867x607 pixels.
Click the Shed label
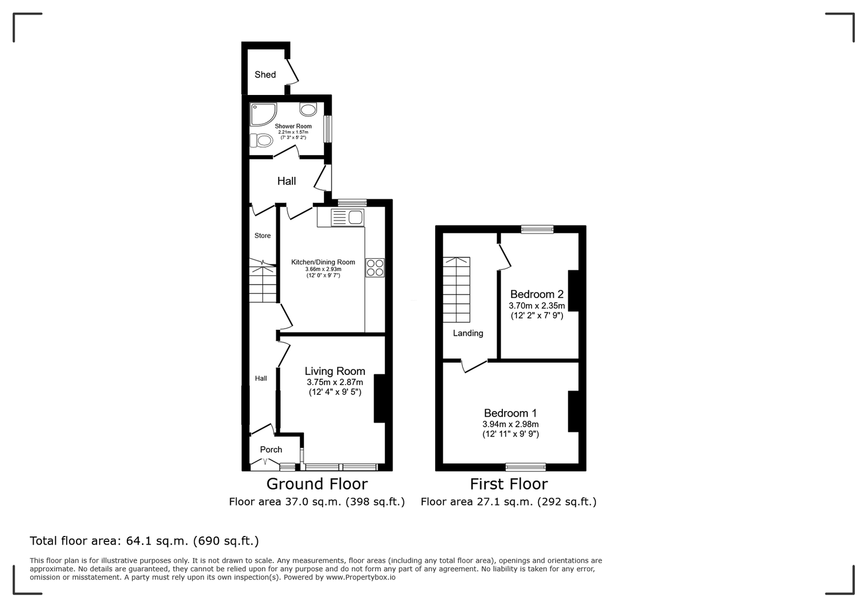click(x=265, y=74)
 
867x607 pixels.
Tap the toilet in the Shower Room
click(x=261, y=140)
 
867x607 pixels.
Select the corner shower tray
click(x=263, y=114)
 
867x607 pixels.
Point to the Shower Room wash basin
click(x=308, y=109)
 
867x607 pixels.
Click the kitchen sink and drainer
click(x=347, y=218)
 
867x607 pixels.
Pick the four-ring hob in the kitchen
click(x=375, y=267)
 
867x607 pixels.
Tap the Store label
click(x=262, y=235)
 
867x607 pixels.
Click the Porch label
click(x=271, y=449)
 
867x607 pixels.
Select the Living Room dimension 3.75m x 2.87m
click(x=335, y=382)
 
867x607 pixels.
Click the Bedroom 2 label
click(x=537, y=294)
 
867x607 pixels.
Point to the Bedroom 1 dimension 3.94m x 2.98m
click(x=510, y=424)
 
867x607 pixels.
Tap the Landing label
click(x=468, y=333)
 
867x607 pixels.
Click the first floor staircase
click(x=456, y=290)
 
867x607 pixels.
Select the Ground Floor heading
click(x=317, y=484)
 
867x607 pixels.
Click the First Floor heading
click(x=509, y=484)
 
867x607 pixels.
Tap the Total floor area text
click(x=144, y=541)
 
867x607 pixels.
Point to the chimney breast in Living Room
click(x=380, y=398)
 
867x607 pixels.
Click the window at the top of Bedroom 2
click(x=537, y=229)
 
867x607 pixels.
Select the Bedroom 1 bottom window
click(x=526, y=467)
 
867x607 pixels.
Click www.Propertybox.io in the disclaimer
click(x=361, y=578)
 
